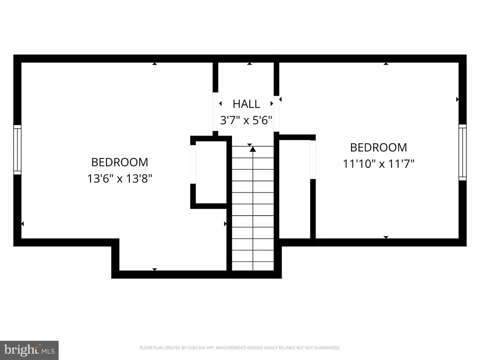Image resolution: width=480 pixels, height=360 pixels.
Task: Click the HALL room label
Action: [x=246, y=104]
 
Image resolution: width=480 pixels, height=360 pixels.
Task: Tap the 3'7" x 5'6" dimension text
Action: [x=246, y=120]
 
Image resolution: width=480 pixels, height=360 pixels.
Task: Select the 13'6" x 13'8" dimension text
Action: [x=120, y=178]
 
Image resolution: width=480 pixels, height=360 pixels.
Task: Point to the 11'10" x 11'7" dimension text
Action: [x=378, y=164]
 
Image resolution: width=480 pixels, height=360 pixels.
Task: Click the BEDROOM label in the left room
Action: [x=120, y=162]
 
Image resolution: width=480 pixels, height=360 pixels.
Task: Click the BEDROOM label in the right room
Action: [x=379, y=148]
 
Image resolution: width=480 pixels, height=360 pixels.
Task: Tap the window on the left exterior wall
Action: [x=17, y=150]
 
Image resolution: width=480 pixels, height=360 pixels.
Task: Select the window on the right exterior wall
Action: [x=463, y=152]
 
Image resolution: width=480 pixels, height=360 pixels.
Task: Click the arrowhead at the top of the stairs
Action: [x=253, y=149]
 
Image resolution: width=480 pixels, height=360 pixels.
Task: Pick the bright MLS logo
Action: [x=29, y=350]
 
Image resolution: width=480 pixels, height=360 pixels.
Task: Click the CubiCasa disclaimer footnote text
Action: [x=240, y=348]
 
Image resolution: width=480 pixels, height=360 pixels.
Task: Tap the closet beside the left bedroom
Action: [x=211, y=172]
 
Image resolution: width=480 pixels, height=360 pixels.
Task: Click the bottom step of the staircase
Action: [x=253, y=266]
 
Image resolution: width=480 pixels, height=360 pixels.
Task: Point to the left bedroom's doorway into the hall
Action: [x=216, y=112]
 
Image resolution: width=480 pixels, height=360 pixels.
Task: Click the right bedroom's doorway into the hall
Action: [x=277, y=114]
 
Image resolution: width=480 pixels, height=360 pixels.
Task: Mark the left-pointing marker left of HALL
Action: [x=220, y=104]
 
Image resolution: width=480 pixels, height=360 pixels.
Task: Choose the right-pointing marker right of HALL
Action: [x=271, y=104]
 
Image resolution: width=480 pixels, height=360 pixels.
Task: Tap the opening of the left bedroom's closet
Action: [x=193, y=165]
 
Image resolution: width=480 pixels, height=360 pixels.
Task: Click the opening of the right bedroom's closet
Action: [x=313, y=159]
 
